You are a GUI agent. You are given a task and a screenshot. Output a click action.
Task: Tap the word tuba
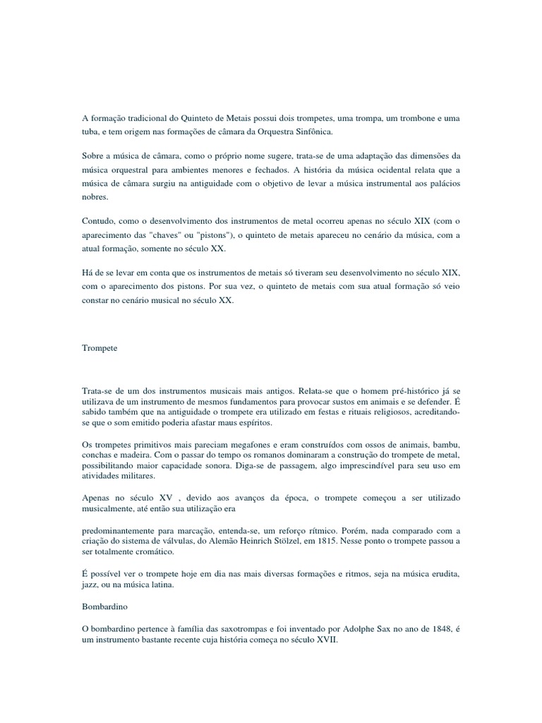tap(92, 132)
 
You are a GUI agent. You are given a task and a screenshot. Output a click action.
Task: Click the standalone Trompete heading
tap(100, 349)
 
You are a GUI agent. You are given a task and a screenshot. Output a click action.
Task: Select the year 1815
tap(339, 541)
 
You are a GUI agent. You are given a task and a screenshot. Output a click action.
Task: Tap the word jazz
tap(92, 586)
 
